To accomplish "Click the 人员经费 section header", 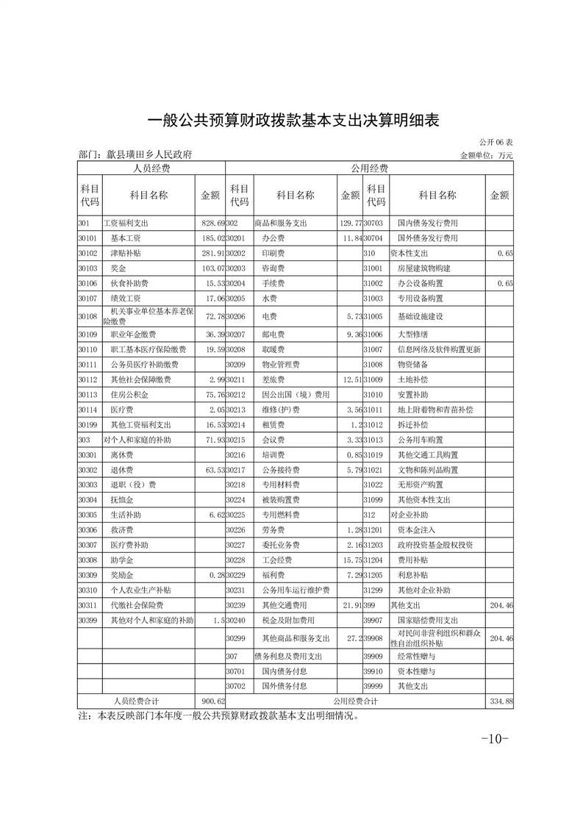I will click(x=151, y=168).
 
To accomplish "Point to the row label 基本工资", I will click(x=126, y=238).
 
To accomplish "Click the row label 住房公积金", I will click(x=129, y=394).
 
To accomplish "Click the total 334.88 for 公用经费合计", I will click(x=500, y=701).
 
